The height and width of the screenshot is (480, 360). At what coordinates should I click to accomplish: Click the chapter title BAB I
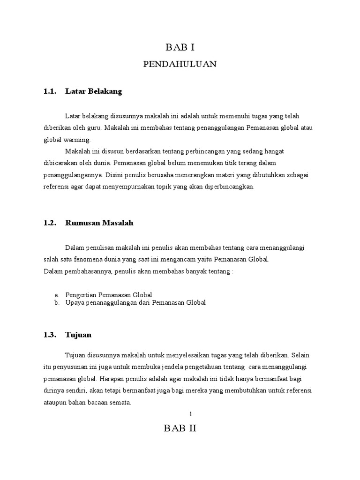pos(180,47)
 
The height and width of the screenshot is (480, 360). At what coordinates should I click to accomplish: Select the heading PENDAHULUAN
pos(180,65)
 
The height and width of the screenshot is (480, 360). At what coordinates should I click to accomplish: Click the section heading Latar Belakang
pos(94,92)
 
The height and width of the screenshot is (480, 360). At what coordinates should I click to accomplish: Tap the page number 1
pos(191,414)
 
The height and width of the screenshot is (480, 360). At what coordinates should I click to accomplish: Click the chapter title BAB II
pos(180,428)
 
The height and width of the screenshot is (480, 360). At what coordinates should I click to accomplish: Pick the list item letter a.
pos(56,295)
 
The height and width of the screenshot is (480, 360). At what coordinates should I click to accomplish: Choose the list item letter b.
pos(56,303)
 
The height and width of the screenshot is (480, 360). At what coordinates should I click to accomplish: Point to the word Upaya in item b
pos(75,303)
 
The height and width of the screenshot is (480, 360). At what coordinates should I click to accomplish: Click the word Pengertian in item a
pos(82,295)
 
